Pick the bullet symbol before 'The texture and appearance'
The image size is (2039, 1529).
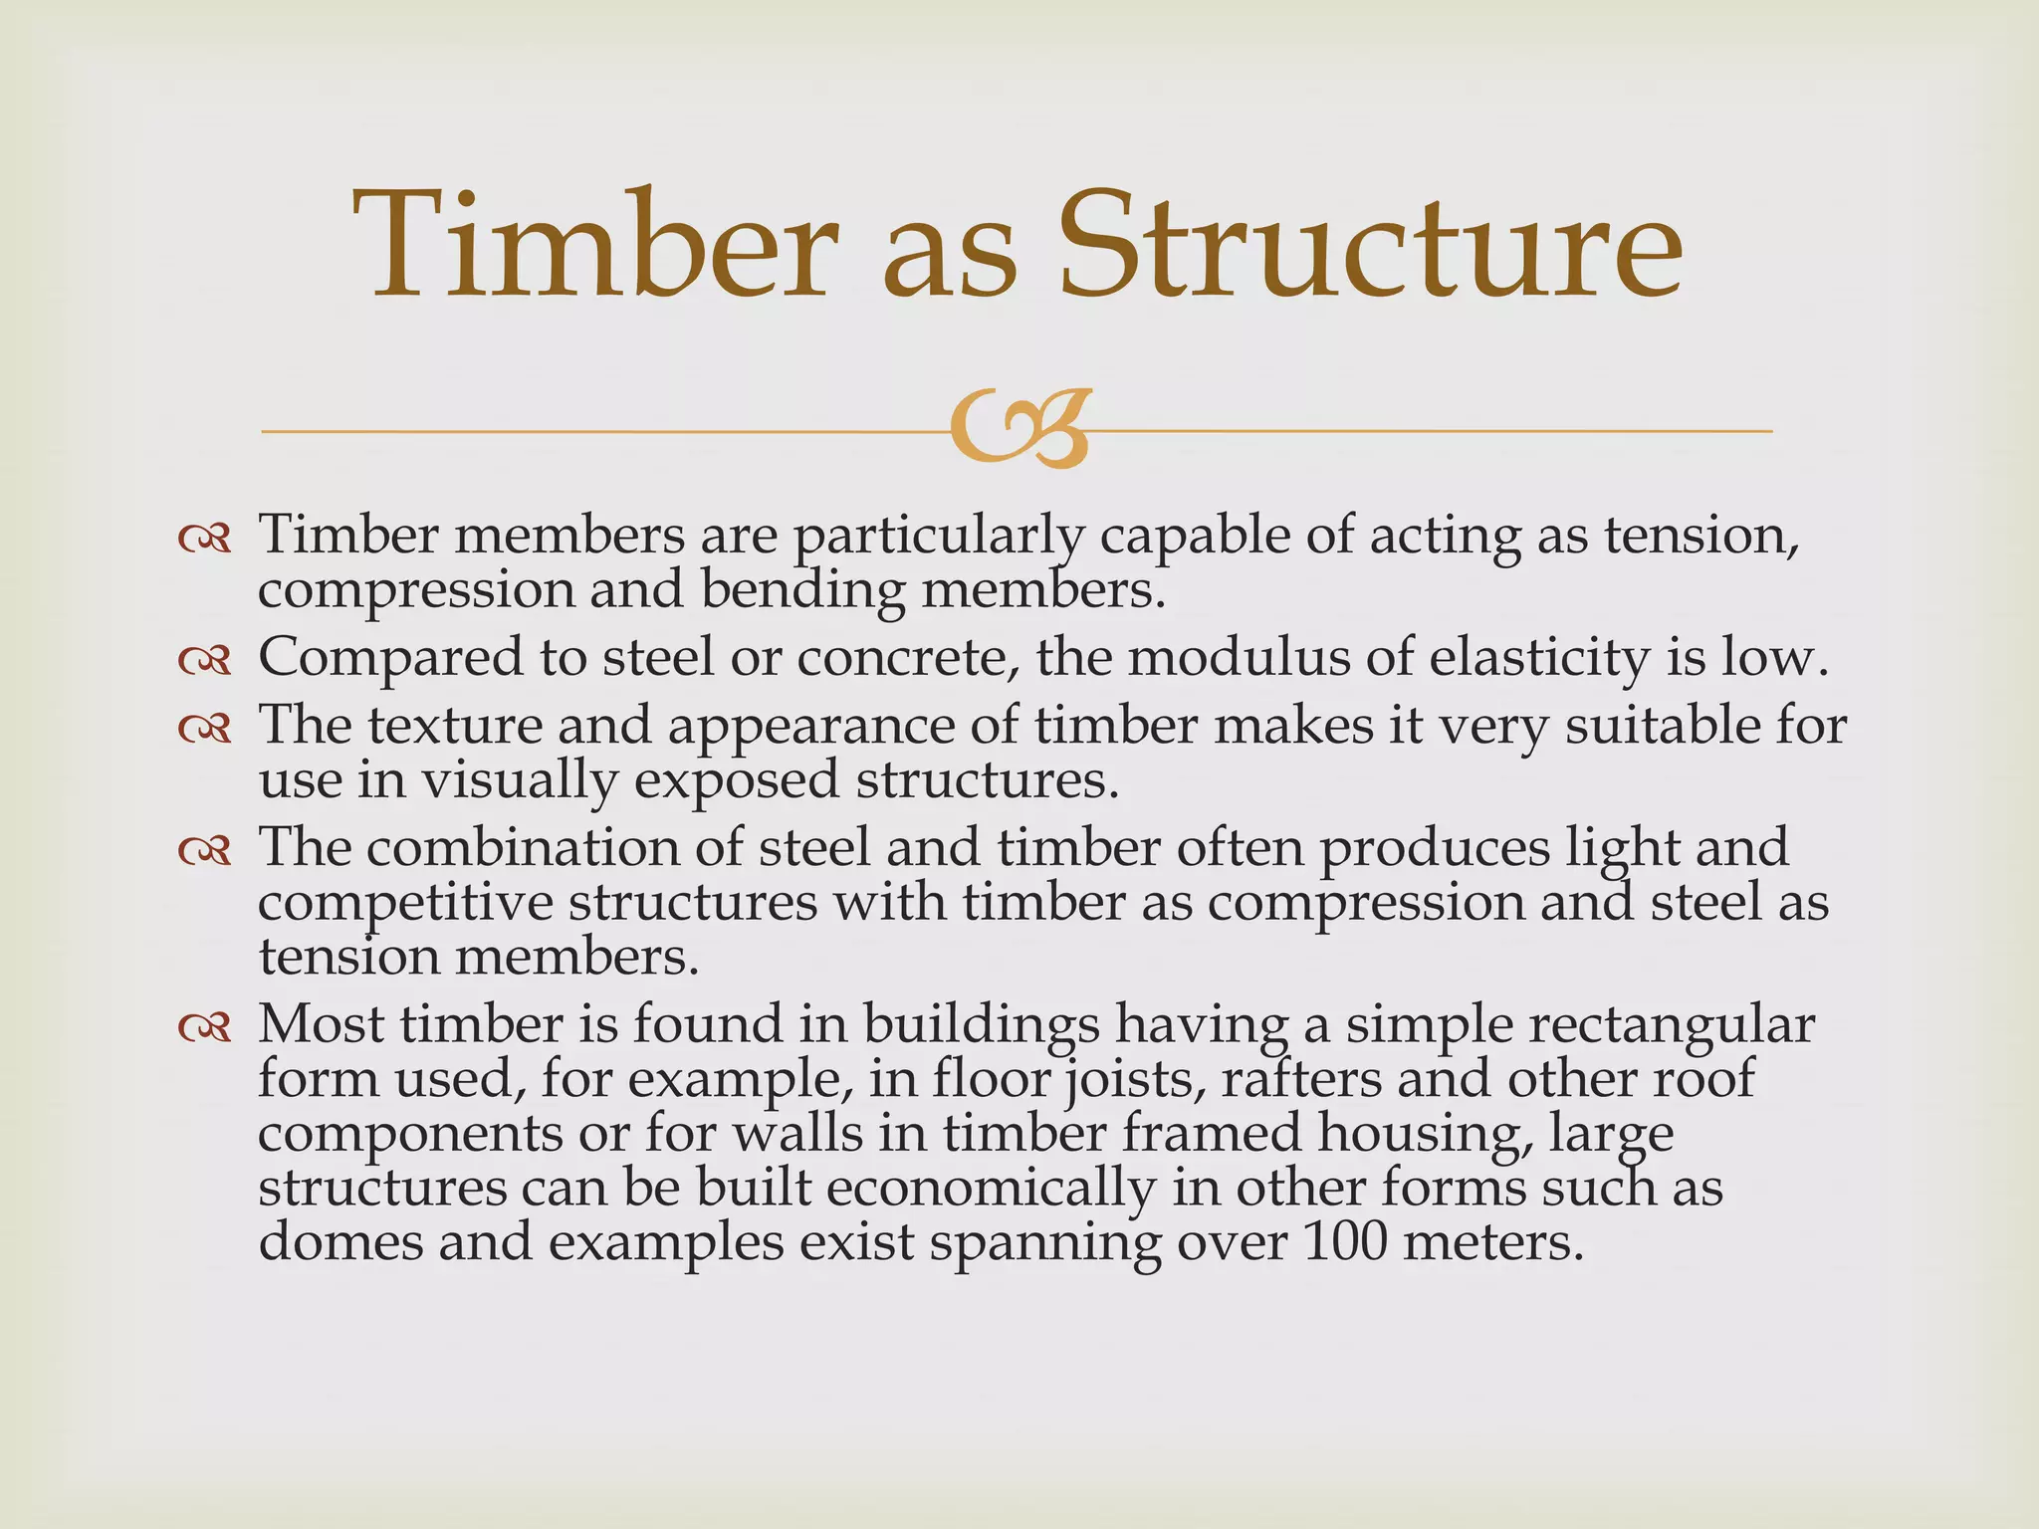click(x=205, y=729)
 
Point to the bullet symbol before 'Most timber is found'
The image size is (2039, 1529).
click(x=205, y=1027)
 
